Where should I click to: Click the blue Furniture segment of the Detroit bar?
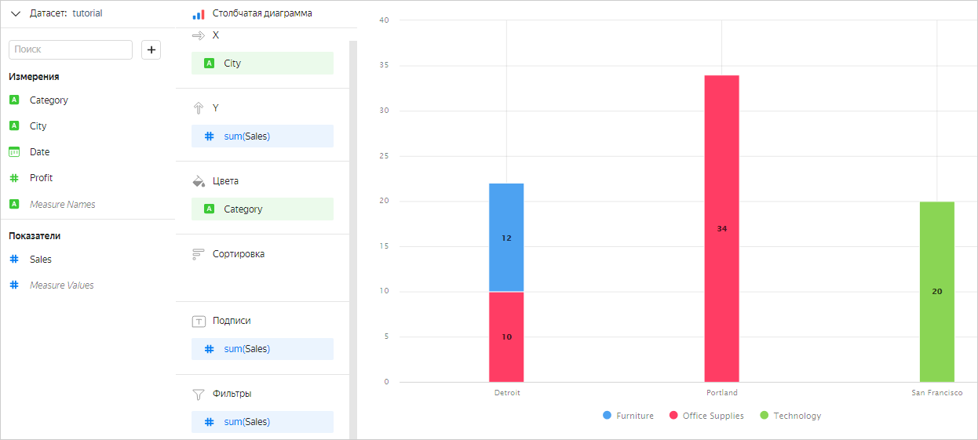pyautogui.click(x=506, y=238)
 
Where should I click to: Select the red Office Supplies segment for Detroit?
pyautogui.click(x=506, y=336)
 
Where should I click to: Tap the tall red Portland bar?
pyautogui.click(x=721, y=228)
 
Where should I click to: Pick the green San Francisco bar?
pyautogui.click(x=936, y=291)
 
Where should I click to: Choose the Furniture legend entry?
pyautogui.click(x=628, y=416)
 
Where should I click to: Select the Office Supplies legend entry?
pyautogui.click(x=706, y=416)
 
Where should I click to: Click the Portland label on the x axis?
pyautogui.click(x=721, y=392)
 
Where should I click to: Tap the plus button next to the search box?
pyautogui.click(x=151, y=49)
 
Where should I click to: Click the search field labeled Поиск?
pyautogui.click(x=71, y=49)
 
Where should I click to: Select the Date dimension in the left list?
pyautogui.click(x=39, y=152)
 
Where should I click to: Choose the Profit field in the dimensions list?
pyautogui.click(x=41, y=178)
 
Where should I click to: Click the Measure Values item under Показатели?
pyautogui.click(x=61, y=285)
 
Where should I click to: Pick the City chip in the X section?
pyautogui.click(x=262, y=64)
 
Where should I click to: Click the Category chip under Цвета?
pyautogui.click(x=262, y=209)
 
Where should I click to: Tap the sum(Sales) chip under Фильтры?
pyautogui.click(x=262, y=422)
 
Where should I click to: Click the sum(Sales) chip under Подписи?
pyautogui.click(x=262, y=349)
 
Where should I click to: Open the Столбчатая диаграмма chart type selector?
pyautogui.click(x=261, y=13)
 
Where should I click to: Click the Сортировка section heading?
pyautogui.click(x=238, y=254)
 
